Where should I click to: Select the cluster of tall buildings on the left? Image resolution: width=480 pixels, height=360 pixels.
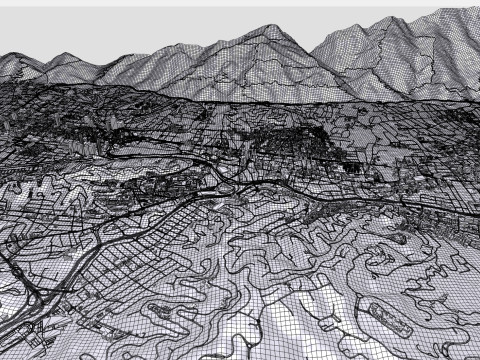point(30,190)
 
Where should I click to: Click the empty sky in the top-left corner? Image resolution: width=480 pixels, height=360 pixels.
point(40,20)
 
